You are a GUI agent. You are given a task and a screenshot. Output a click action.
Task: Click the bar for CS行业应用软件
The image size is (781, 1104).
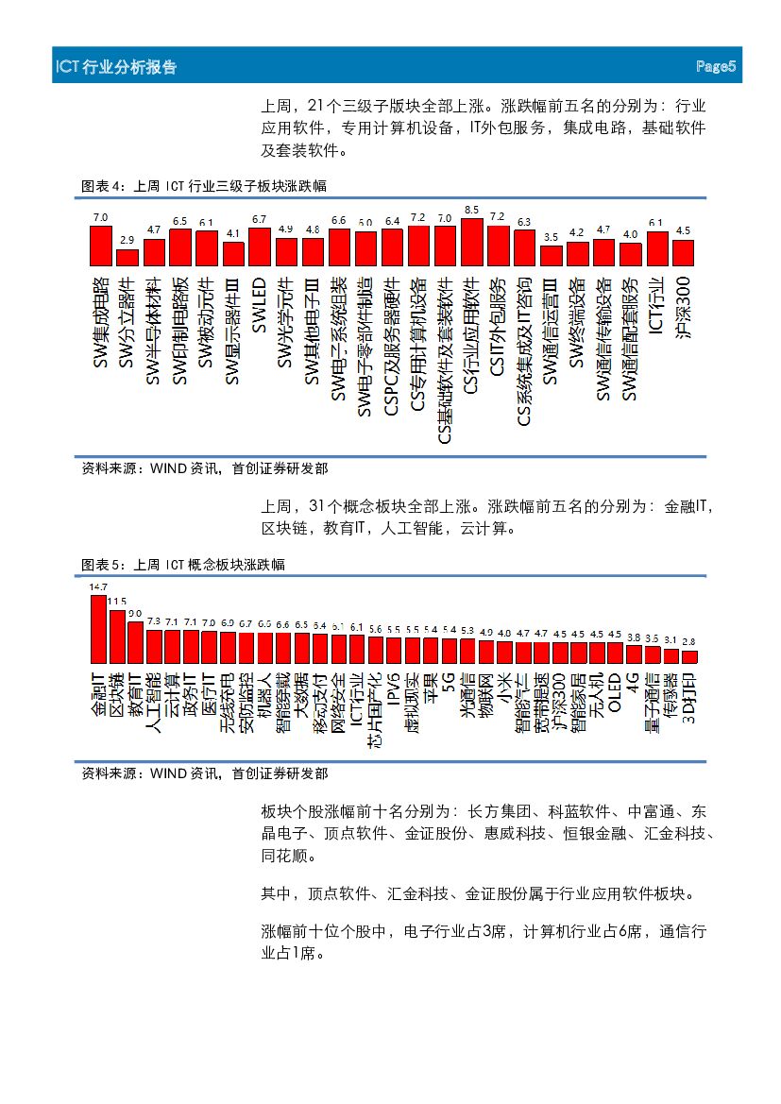472,242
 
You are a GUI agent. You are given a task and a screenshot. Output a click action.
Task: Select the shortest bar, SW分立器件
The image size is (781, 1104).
127,256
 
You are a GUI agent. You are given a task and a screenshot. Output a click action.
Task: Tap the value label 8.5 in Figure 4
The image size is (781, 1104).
472,210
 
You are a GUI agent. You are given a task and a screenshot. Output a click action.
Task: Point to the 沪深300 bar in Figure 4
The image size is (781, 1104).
683,252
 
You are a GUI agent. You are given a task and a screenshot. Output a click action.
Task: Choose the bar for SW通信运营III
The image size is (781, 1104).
552,255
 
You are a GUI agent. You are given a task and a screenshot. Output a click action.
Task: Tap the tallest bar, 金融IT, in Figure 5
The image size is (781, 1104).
98,628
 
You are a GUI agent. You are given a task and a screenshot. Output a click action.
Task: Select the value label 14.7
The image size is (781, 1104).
98,587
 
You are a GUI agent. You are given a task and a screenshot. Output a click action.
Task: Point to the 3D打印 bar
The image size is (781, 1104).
689,655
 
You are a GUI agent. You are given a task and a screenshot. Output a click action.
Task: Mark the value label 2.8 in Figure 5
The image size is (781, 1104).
689,642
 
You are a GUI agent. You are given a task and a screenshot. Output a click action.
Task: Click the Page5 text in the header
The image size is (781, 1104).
715,67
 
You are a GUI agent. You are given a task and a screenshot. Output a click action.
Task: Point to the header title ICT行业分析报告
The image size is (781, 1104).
116,68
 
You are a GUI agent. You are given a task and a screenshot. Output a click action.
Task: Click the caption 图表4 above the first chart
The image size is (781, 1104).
102,186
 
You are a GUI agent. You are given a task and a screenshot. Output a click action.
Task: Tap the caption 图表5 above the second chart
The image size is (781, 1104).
102,565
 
